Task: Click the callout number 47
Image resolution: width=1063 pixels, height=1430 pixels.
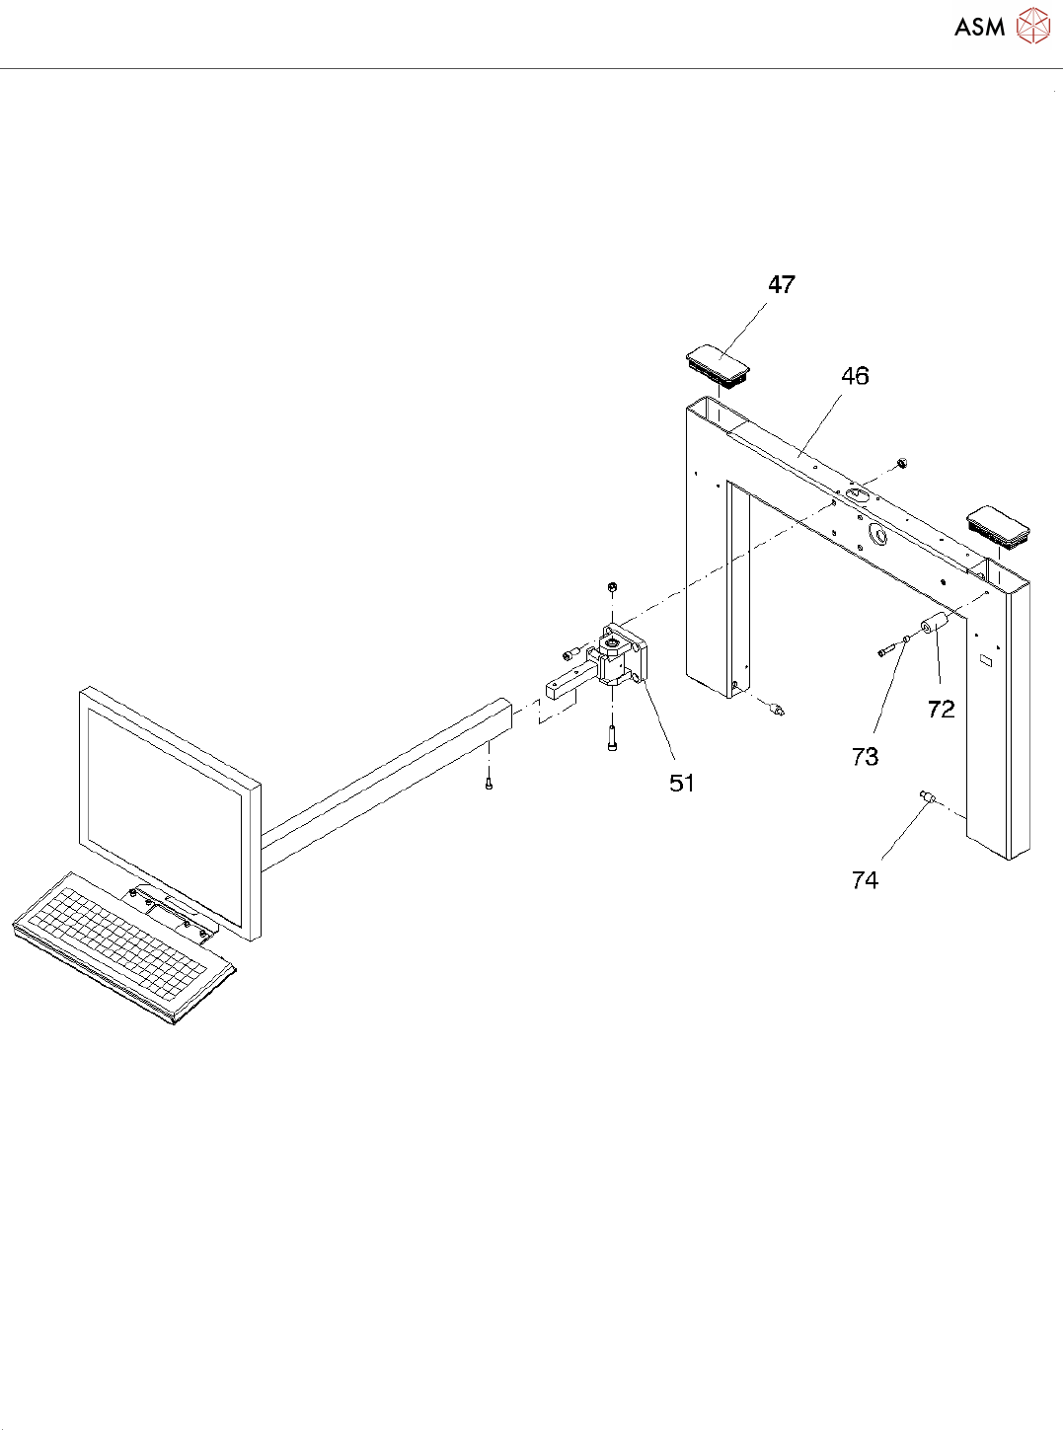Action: click(782, 284)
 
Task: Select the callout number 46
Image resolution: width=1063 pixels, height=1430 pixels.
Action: click(855, 376)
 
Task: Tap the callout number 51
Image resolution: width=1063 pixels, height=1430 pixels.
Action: click(682, 783)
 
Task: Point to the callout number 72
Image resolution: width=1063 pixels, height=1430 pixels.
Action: click(941, 709)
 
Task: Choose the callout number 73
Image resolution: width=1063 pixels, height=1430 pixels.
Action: click(865, 756)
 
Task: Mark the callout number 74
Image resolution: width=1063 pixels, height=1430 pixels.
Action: click(865, 879)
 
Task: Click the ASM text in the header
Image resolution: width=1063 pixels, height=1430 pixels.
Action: click(979, 27)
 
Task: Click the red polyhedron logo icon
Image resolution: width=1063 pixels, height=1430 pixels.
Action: click(1033, 26)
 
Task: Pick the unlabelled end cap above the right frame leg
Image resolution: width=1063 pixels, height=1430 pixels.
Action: click(1001, 524)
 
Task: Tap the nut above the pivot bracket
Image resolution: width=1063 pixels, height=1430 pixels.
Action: click(612, 587)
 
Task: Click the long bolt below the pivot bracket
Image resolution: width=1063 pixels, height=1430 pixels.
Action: click(613, 738)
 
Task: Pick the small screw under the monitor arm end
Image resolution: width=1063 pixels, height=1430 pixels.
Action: click(489, 784)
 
